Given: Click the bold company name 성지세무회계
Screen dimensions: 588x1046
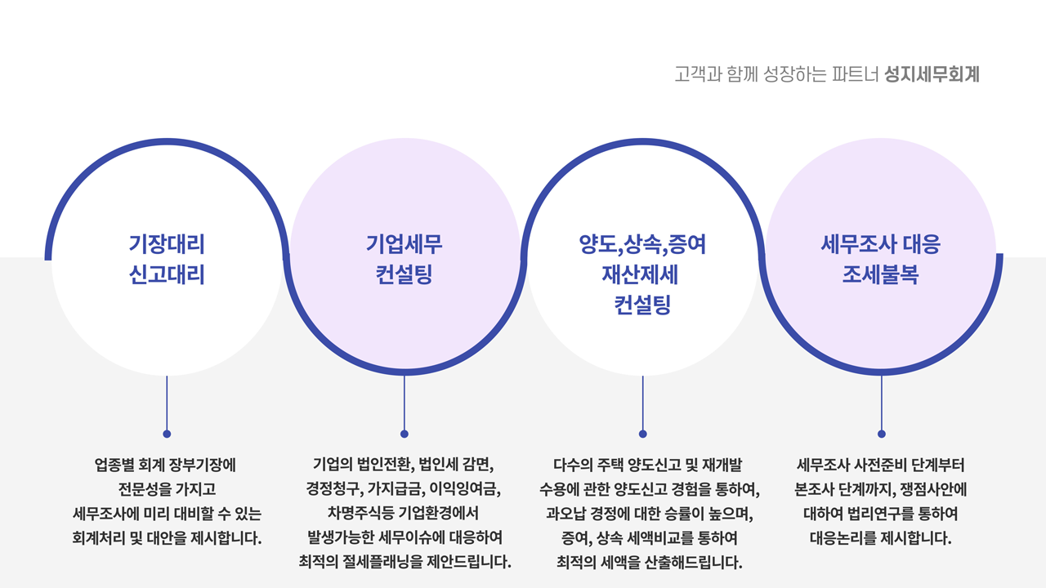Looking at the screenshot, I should [x=932, y=75].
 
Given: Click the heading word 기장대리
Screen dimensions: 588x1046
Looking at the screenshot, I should [x=167, y=243].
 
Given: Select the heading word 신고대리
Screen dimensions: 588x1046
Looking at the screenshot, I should [x=167, y=275].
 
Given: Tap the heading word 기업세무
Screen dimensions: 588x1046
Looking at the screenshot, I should [x=405, y=243].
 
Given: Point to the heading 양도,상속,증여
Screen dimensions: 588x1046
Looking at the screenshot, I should [x=642, y=243].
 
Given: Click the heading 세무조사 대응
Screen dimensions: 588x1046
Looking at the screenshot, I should [x=881, y=243].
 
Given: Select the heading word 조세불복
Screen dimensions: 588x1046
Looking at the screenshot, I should [x=881, y=275].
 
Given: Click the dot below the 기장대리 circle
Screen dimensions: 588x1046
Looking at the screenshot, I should [x=167, y=434].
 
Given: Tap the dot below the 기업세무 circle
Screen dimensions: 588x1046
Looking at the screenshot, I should [x=405, y=434].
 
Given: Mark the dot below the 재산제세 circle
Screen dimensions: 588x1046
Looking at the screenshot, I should [x=643, y=434].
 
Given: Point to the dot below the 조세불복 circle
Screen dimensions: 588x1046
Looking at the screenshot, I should [x=881, y=434].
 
